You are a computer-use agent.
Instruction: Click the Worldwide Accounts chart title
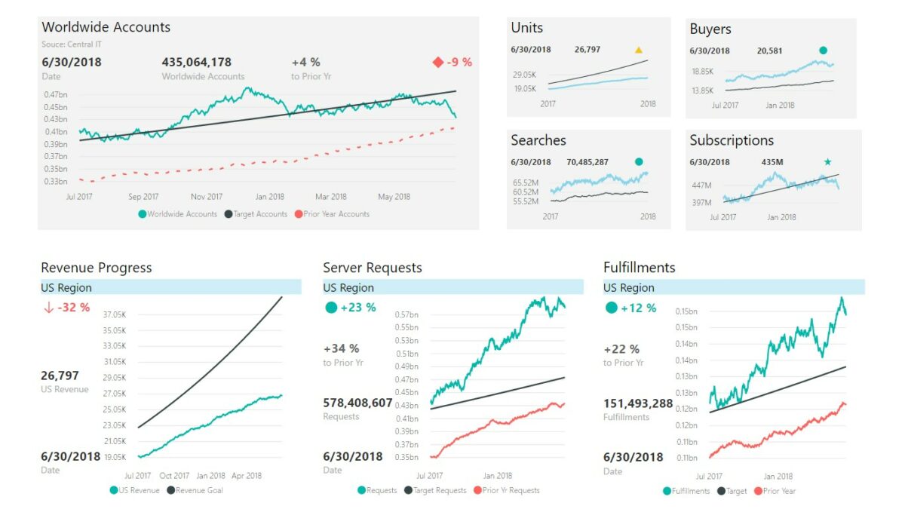point(106,27)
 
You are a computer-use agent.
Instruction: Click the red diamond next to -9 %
point(438,63)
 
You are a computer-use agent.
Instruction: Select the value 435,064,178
point(196,62)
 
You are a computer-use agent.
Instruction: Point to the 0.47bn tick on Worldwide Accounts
point(55,94)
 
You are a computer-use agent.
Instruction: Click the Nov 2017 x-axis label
point(206,197)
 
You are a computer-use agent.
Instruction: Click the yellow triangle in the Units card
point(639,51)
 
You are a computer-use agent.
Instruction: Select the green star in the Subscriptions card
point(827,162)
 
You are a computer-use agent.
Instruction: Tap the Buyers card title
point(710,29)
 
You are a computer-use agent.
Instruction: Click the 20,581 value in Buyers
point(769,51)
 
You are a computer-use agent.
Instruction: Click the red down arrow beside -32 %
point(48,308)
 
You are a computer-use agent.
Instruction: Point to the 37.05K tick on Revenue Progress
point(115,314)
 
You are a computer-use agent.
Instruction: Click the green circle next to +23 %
point(331,308)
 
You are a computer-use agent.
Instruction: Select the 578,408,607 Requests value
point(357,403)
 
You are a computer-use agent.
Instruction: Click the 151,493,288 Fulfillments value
point(638,404)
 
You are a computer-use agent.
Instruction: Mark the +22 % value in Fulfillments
point(621,349)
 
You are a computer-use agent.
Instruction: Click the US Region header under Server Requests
point(348,288)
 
